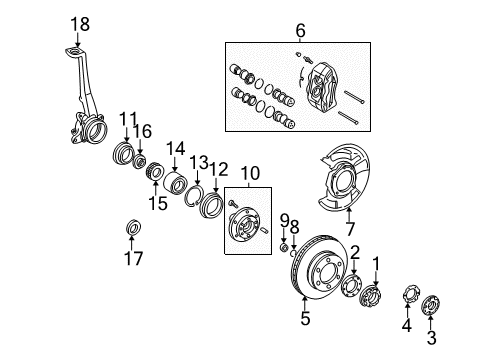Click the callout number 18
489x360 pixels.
(x=79, y=24)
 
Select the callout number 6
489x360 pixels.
(x=299, y=31)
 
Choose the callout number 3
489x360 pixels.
(x=432, y=339)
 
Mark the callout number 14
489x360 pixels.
(x=176, y=149)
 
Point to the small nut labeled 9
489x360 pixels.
(x=283, y=246)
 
